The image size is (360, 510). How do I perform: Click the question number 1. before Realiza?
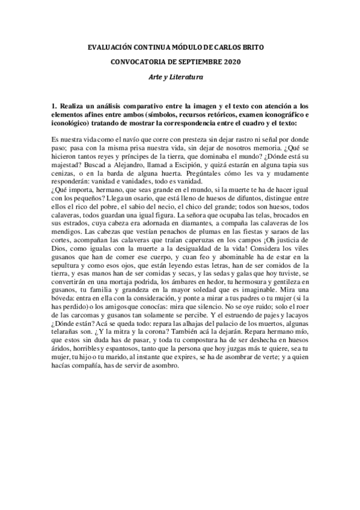[x=55, y=105]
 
